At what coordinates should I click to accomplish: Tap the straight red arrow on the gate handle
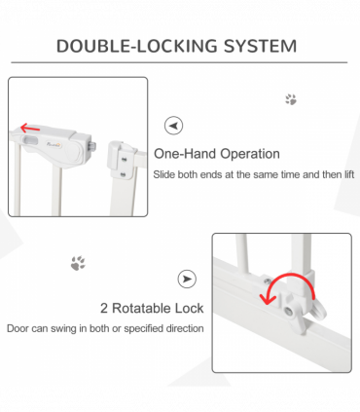(33, 128)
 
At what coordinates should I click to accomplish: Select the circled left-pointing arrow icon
(173, 126)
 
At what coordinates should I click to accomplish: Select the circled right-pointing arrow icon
(186, 280)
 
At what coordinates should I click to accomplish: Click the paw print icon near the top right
(290, 99)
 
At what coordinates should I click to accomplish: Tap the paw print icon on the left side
(77, 263)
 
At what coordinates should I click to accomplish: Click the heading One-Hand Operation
(217, 154)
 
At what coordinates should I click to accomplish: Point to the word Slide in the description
(165, 174)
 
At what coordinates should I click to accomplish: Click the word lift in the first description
(346, 174)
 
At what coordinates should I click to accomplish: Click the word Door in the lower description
(18, 328)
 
